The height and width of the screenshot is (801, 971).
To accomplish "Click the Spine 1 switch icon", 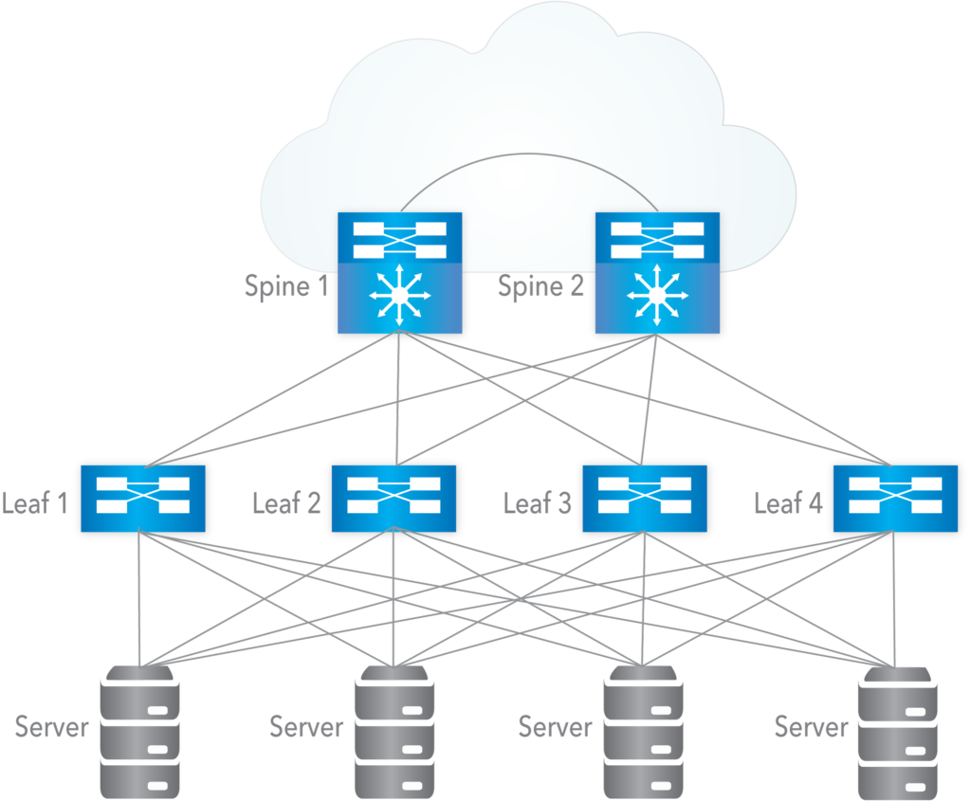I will click(399, 272).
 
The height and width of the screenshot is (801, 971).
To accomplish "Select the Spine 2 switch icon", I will click(656, 272).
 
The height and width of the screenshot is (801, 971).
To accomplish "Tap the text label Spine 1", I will click(284, 285).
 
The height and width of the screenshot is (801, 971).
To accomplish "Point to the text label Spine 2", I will click(541, 285).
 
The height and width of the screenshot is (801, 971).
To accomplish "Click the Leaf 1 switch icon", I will click(143, 498).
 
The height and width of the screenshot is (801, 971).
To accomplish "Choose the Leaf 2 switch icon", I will click(393, 498).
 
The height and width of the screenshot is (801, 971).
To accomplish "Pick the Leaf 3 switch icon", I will click(644, 498).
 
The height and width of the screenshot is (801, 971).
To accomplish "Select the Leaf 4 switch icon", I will click(894, 498).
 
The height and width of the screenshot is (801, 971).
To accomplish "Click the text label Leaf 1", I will click(35, 502).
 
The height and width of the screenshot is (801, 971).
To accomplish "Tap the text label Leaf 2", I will click(286, 502).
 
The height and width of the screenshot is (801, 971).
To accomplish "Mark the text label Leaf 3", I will click(538, 502).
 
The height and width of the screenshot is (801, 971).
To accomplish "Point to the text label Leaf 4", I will click(788, 502).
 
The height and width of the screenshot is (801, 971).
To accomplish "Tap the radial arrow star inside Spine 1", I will click(399, 298).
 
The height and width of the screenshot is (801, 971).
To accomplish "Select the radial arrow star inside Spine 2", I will click(656, 298).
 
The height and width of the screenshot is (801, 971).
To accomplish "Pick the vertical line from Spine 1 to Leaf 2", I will click(397, 398).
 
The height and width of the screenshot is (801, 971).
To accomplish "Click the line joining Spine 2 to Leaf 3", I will click(650, 398).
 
